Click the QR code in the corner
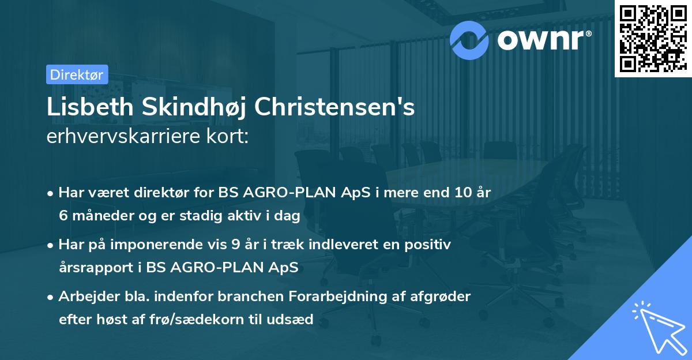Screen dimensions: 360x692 pos(653,39)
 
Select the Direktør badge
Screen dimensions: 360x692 pos(77,74)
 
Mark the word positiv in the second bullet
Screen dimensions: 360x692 pos(430,245)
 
